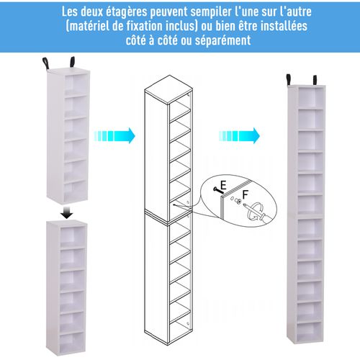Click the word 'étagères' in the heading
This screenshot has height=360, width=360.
[135, 12]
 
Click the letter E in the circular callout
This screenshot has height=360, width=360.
[223, 184]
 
